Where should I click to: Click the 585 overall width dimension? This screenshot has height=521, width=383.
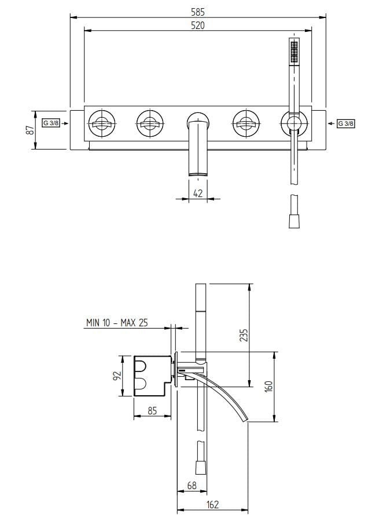click(x=197, y=10)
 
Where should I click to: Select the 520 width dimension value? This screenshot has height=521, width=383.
click(x=197, y=25)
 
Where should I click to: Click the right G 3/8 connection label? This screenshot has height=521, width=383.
click(x=345, y=123)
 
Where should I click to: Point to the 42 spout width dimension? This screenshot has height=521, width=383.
click(x=198, y=194)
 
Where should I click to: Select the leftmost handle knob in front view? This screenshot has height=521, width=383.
click(x=103, y=123)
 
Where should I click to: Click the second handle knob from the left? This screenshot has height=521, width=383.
click(x=150, y=123)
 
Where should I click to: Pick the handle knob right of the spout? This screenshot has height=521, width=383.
click(x=246, y=123)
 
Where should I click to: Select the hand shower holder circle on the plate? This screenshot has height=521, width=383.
click(x=293, y=123)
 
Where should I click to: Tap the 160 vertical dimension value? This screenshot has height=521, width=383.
click(x=268, y=386)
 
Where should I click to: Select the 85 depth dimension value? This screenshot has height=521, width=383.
click(x=153, y=411)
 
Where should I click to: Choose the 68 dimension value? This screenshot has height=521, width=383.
click(x=191, y=486)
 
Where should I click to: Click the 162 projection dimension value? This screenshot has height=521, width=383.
click(x=212, y=505)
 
